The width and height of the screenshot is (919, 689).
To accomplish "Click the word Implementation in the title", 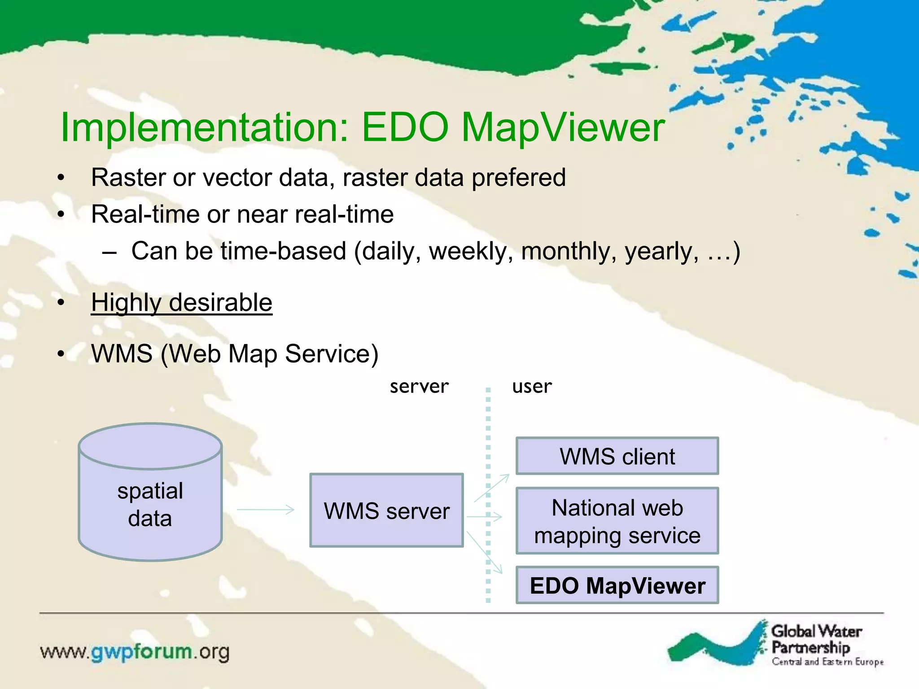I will click(204, 128).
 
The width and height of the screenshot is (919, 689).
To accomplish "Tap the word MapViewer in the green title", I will click(563, 128).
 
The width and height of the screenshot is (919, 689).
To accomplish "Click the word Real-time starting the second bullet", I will click(144, 214).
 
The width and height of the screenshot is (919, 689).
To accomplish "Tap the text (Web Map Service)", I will click(269, 354).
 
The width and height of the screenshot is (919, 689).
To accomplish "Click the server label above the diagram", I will click(419, 386).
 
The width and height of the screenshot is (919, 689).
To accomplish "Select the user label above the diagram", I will click(532, 386).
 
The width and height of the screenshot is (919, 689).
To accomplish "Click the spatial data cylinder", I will click(150, 498).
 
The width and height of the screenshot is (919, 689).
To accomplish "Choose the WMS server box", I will click(386, 510).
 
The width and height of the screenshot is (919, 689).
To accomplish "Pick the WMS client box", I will click(617, 456).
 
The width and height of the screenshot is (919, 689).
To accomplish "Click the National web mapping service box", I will click(617, 521).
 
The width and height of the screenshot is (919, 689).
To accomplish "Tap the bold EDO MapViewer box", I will click(617, 585).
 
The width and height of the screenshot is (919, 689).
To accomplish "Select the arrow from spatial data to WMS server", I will click(265, 510).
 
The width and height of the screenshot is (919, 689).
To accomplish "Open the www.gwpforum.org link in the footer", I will click(135, 652).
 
